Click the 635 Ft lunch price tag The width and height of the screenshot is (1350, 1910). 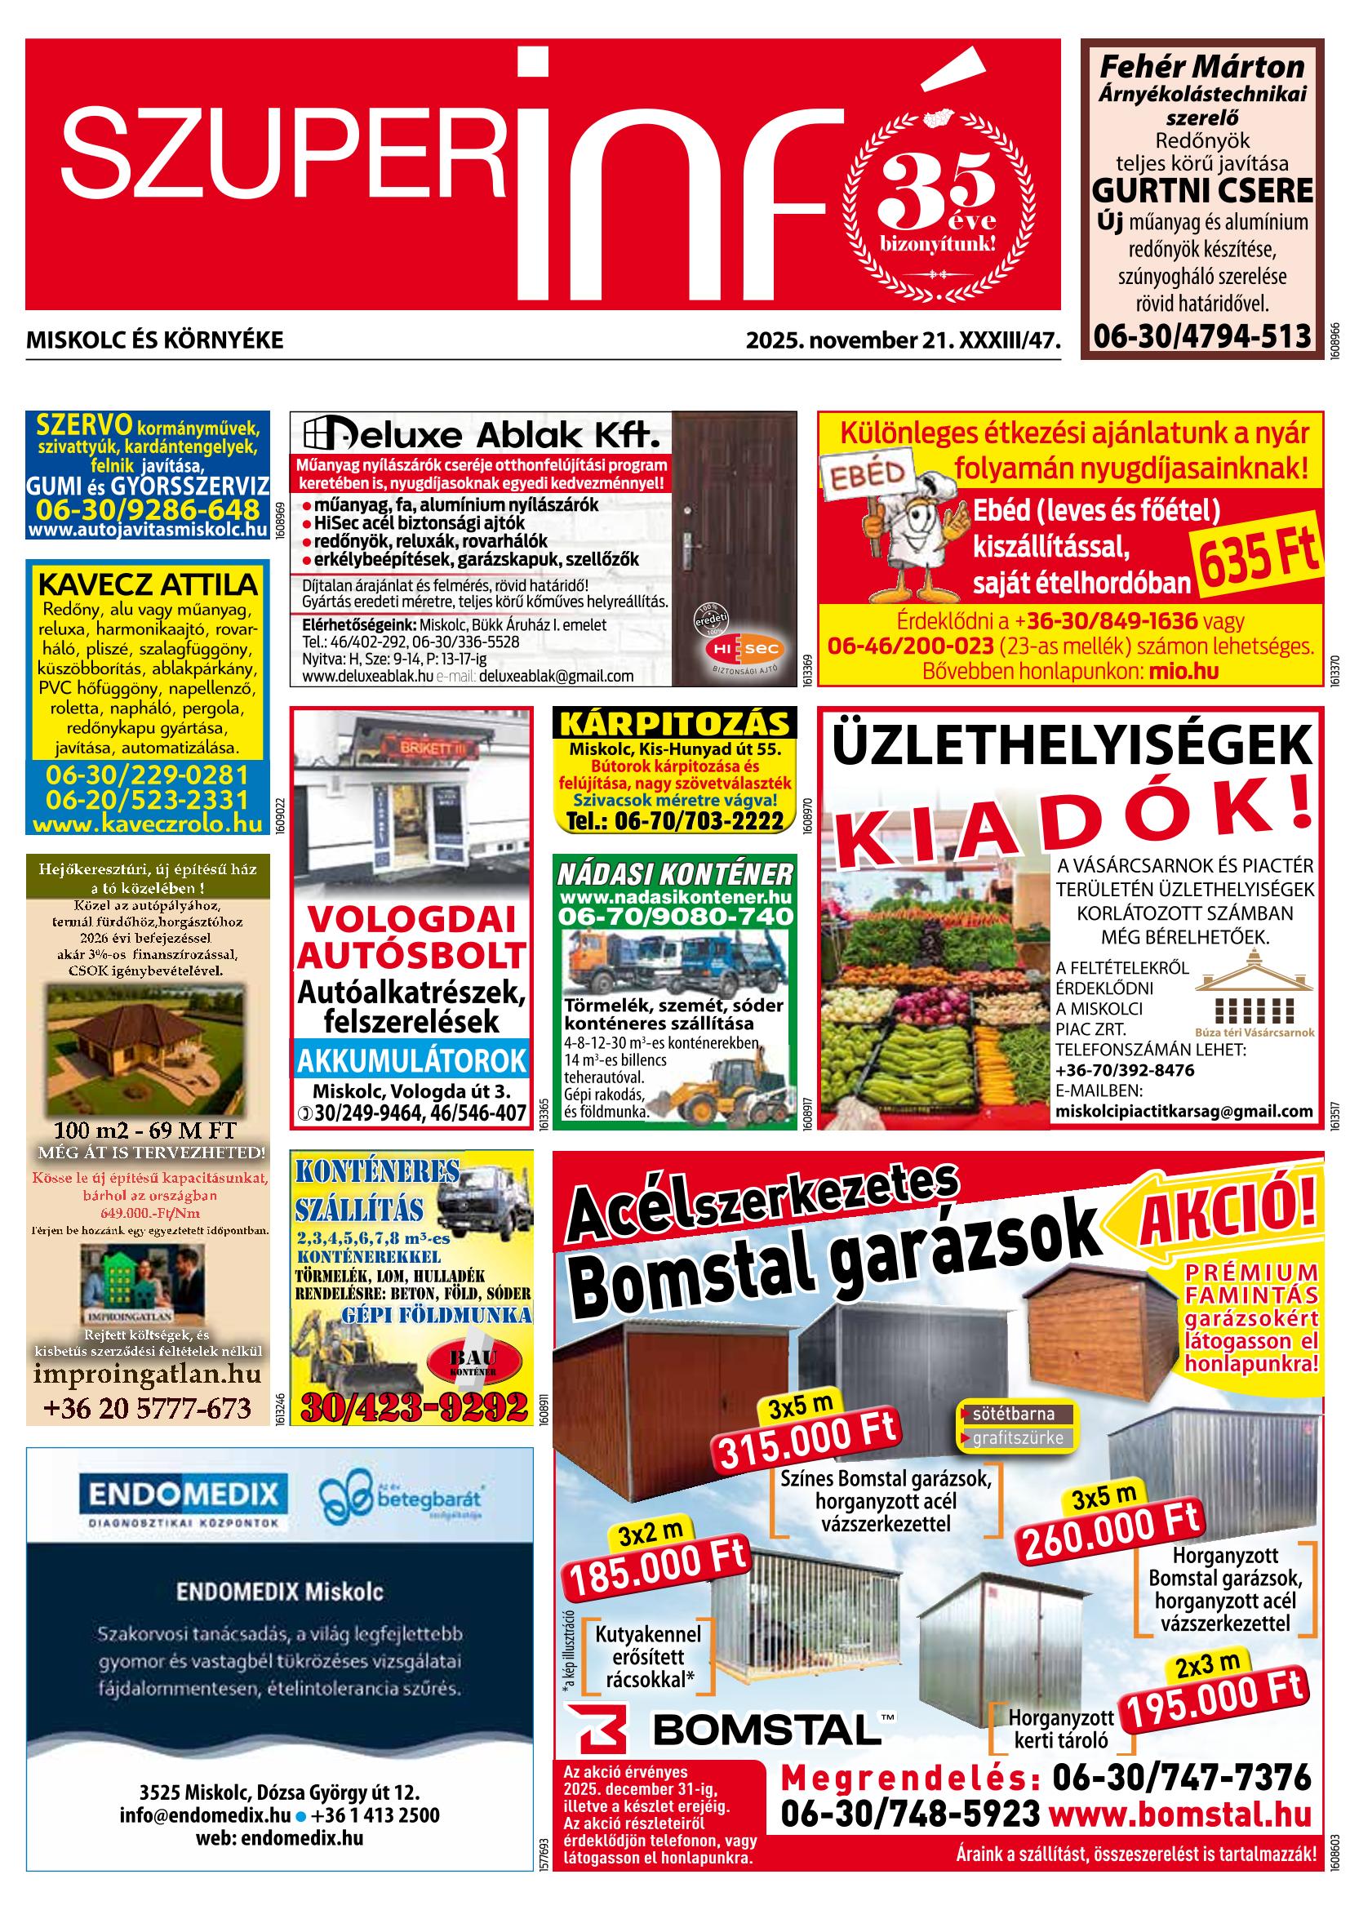pyautogui.click(x=1259, y=560)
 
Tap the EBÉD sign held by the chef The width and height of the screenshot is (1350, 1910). pyautogui.click(x=864, y=476)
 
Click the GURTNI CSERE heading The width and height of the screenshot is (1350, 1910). pyautogui.click(x=1202, y=190)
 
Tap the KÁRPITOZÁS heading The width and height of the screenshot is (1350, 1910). pyautogui.click(x=674, y=723)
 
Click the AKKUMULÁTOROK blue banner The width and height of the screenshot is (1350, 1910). pyautogui.click(x=412, y=1060)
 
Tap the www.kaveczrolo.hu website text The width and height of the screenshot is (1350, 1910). pyautogui.click(x=148, y=825)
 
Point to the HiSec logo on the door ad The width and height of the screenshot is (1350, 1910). pyautogui.click(x=735, y=648)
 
